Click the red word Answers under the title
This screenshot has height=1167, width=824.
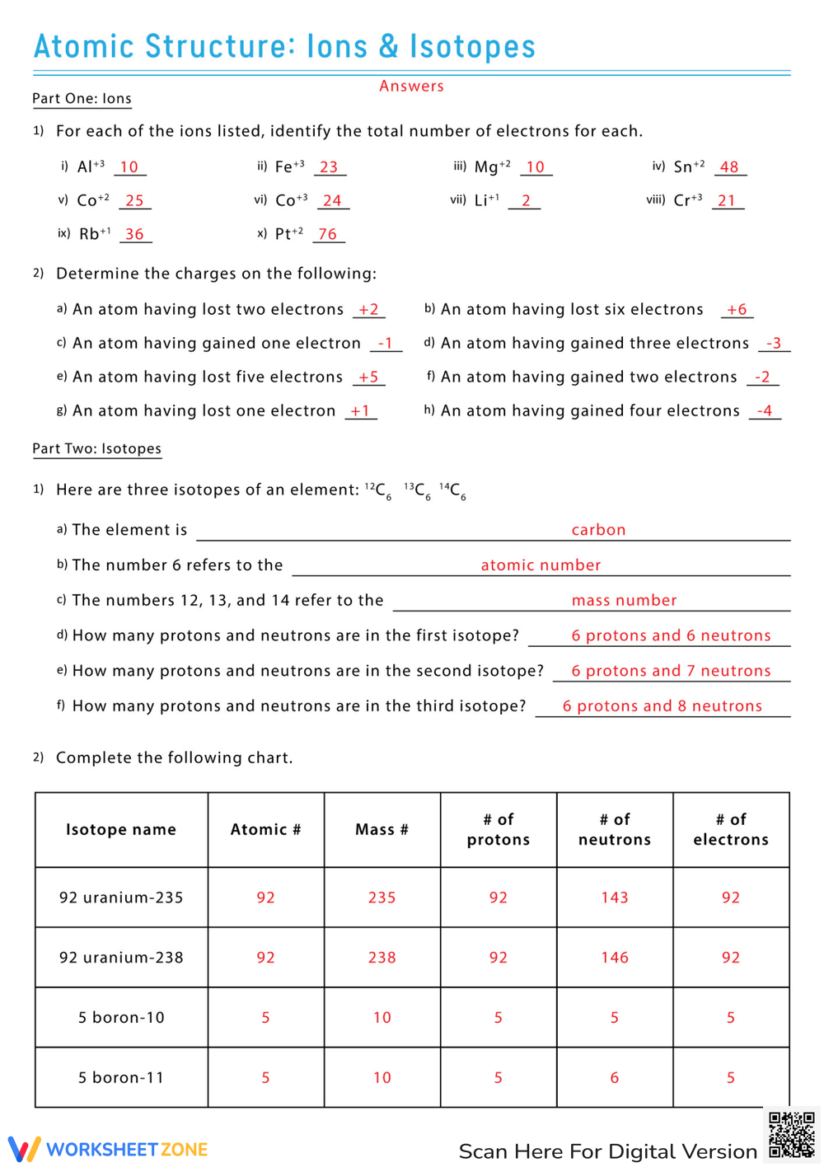411,86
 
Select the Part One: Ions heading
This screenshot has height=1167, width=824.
82,98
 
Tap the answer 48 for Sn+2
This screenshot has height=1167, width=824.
729,166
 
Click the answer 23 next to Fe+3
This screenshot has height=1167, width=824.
329,166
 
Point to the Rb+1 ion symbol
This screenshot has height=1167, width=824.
94,234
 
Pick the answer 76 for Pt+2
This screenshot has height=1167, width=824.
328,234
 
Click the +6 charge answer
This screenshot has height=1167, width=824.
737,309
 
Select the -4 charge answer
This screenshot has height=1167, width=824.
764,410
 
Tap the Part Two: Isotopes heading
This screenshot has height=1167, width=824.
96,448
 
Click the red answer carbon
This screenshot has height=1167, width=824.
598,529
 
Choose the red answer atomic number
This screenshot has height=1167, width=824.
541,565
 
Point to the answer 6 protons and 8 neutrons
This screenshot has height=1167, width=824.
662,705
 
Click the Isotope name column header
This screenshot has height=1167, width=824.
121,829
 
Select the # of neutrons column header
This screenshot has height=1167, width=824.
615,829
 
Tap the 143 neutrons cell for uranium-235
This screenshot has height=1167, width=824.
615,898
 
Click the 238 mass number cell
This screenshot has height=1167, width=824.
382,958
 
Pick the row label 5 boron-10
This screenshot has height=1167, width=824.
121,1018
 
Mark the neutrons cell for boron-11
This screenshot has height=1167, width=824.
615,1077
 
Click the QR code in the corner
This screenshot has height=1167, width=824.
791,1135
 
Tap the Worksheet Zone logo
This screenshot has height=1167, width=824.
108,1149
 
